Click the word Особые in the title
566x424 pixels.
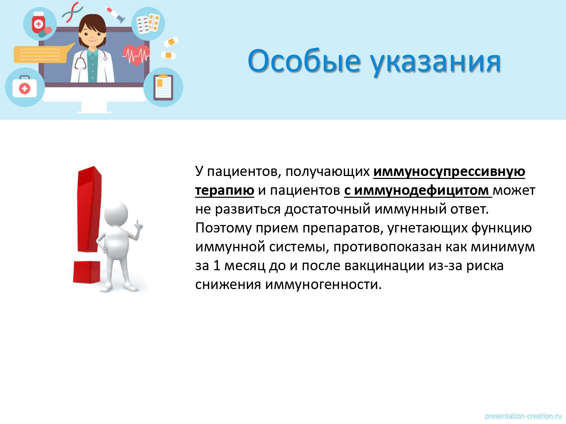[x=304, y=61]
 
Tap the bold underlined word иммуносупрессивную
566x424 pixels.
[x=449, y=172]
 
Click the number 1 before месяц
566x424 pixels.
[x=217, y=265]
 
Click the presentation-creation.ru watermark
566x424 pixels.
[x=523, y=416]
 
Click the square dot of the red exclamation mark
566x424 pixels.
[x=87, y=272]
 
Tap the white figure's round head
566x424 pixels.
[x=116, y=214]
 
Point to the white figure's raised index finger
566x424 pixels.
[x=138, y=223]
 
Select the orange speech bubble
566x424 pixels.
[x=43, y=54]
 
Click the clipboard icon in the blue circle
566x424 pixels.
[x=163, y=87]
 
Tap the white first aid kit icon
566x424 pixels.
[x=25, y=87]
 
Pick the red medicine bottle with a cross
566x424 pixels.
[x=38, y=23]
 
